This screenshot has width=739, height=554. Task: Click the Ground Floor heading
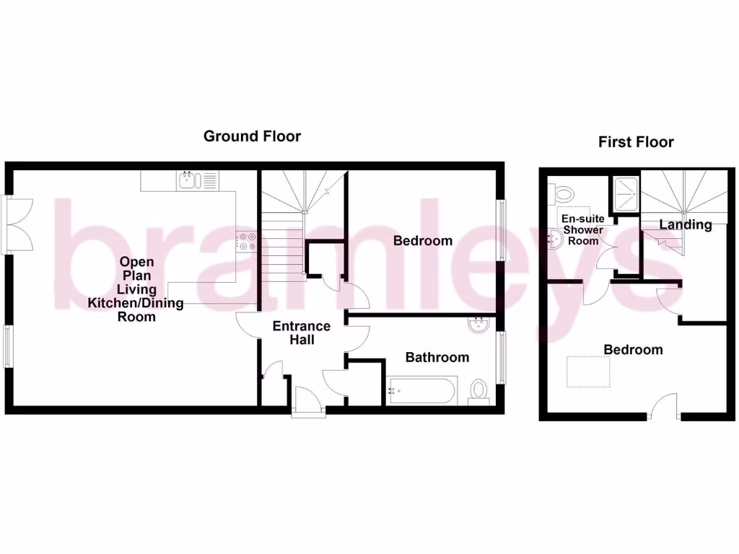point(252,136)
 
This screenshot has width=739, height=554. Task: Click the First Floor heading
point(636,142)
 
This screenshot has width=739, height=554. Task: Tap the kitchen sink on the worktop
point(188,180)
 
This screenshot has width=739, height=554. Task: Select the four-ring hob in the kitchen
point(246,241)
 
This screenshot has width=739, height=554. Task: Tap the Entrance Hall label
point(301,333)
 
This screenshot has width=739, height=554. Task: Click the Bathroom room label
point(437,357)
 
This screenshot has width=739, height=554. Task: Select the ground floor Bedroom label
point(423,240)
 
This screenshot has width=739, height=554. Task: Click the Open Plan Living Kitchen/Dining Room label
point(136,289)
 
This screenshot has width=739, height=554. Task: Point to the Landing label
point(685,224)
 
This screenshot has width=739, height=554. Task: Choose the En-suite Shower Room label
point(583,229)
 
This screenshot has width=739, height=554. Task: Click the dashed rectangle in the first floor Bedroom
point(588,371)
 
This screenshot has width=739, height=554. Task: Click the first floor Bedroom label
point(633,350)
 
